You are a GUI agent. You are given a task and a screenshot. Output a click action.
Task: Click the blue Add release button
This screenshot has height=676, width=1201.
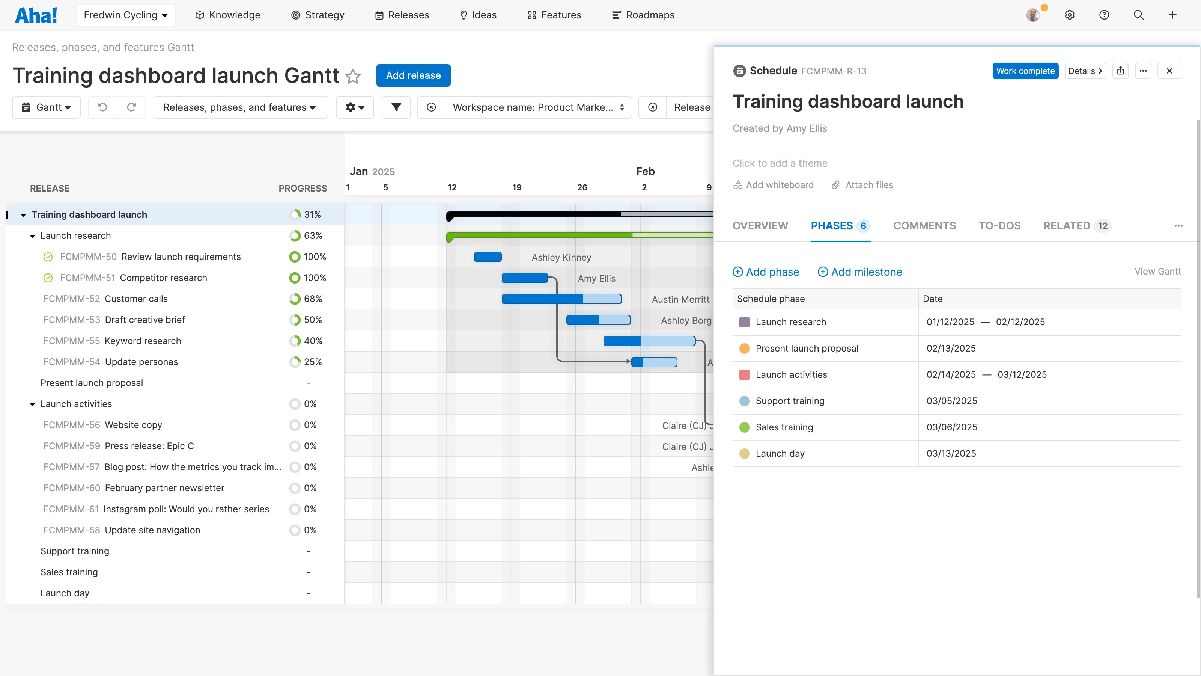[413, 75]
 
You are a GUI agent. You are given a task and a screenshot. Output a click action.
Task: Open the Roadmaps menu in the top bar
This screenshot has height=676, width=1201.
[643, 15]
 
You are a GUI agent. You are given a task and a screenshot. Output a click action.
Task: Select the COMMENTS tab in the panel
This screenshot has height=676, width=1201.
[924, 226]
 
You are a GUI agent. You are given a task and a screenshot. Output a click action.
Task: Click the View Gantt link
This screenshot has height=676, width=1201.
[1157, 272]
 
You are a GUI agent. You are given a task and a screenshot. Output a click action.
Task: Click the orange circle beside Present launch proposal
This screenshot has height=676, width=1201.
[745, 349]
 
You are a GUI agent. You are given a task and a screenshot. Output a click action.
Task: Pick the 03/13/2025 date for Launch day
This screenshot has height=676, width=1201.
[951, 453]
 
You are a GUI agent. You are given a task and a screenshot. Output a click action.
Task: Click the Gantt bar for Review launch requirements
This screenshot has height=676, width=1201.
[488, 257]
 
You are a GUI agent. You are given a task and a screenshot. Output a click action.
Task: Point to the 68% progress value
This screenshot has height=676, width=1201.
[313, 299]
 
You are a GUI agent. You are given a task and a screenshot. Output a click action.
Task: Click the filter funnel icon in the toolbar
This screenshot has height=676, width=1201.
[396, 107]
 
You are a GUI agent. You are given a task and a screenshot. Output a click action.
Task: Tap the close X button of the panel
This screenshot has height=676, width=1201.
[1169, 71]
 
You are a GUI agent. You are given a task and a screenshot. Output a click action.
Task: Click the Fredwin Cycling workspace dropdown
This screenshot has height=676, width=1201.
[125, 15]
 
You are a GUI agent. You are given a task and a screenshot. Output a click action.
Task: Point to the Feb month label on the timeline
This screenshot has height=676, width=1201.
[645, 171]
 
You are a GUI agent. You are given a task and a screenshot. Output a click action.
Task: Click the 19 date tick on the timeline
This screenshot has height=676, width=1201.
[516, 187]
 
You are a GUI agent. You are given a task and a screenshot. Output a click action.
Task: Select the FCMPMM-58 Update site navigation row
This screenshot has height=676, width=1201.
[152, 530]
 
